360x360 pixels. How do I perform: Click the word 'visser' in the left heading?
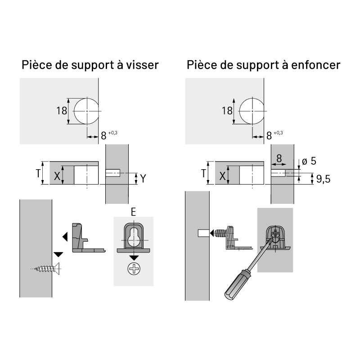(142, 65)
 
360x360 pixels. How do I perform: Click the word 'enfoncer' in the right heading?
(316, 65)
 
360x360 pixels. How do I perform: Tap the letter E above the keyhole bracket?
(133, 212)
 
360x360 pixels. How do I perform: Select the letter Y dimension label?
(143, 179)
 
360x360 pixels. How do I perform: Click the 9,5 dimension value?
(323, 179)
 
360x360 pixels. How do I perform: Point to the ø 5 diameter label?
(309, 161)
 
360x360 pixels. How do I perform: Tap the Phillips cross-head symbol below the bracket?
(134, 269)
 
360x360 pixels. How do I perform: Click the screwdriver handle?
(237, 285)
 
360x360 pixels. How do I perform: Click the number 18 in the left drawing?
(62, 111)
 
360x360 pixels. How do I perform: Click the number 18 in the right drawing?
(227, 111)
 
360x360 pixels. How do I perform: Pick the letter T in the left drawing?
(38, 173)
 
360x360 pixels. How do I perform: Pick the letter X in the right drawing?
(222, 176)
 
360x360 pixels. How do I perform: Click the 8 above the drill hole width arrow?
(279, 158)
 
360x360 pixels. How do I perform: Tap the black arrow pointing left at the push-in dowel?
(212, 233)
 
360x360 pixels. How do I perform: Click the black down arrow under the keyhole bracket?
(134, 258)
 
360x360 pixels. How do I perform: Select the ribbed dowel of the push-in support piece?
(221, 233)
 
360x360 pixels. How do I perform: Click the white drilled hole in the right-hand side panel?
(204, 233)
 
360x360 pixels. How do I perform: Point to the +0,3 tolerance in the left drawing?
(113, 133)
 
